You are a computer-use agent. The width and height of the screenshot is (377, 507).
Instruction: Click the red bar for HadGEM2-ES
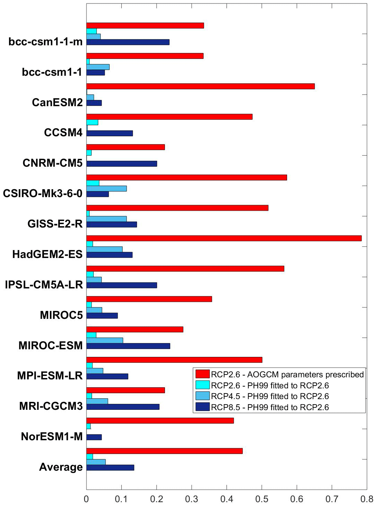pos(224,238)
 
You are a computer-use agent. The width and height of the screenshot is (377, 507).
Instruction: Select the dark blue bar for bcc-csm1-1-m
pos(128,42)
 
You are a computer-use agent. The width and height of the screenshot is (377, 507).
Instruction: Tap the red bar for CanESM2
pos(200,86)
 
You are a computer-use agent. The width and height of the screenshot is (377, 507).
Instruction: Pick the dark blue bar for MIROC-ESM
pos(128,346)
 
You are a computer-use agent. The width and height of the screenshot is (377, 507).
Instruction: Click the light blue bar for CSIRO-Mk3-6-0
pos(106,188)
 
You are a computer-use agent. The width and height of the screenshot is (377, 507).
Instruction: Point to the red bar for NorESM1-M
pos(160,421)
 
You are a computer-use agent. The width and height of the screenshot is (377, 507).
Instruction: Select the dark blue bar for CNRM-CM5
pos(121,164)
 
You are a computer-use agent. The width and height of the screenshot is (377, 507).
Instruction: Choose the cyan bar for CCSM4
pos(92,122)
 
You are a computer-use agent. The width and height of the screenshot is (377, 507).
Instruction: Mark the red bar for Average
pos(164,451)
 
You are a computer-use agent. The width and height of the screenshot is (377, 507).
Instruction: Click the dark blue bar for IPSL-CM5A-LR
pos(121,285)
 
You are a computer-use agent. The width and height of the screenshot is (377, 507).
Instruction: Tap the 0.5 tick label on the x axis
pos(261,499)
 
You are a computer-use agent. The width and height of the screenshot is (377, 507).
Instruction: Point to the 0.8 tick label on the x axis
pos(367,499)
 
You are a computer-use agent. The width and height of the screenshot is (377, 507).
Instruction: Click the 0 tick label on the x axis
pos(86,499)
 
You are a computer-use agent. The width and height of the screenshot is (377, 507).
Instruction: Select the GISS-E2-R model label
pos(55,224)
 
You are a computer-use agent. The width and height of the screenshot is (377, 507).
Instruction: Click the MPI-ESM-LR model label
pos(50,376)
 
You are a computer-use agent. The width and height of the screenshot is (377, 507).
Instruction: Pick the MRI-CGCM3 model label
pos(51,406)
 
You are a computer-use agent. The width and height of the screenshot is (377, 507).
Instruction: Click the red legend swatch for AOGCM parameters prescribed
pos(202,374)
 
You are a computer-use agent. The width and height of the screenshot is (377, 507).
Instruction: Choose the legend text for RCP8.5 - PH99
pos(270,407)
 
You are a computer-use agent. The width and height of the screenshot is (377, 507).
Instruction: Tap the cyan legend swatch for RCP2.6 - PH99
pos(202,385)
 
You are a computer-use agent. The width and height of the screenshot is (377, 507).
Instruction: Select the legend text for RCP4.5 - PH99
pos(270,396)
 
